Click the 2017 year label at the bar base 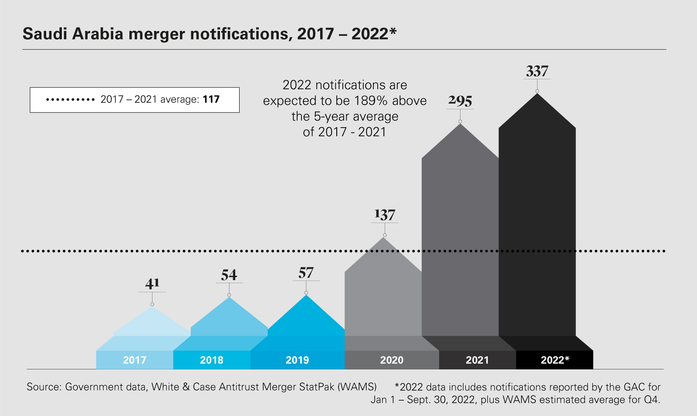pos(135,360)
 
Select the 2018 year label pos(212,360)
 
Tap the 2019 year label pos(297,360)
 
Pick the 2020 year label pos(392,360)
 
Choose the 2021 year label pos(477,360)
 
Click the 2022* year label pos(555,360)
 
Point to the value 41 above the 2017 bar pos(152,284)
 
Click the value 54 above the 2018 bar pos(229,275)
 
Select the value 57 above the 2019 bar pos(306,273)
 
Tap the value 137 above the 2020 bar pos(385,215)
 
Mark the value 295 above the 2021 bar pos(460,101)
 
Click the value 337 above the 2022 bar pos(537,71)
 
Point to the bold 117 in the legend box pos(211,99)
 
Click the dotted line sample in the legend pos(71,100)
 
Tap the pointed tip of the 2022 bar pos(538,94)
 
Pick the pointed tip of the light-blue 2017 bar pos(152,308)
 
